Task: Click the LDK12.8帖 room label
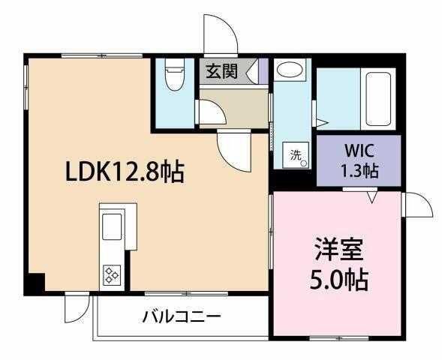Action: (x=125, y=172)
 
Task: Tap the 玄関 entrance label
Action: (x=222, y=71)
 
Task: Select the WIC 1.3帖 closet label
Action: (x=359, y=160)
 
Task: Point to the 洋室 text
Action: (x=338, y=249)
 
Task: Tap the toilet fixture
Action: (x=175, y=74)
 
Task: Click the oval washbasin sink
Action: (x=290, y=70)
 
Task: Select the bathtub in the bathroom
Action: (x=378, y=99)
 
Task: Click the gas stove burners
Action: (x=112, y=274)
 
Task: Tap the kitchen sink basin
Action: (x=112, y=226)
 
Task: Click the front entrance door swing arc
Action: (x=221, y=34)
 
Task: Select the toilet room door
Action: (x=212, y=112)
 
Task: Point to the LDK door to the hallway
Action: (x=234, y=151)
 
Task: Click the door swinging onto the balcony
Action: (x=77, y=308)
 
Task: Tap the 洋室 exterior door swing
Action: (x=418, y=205)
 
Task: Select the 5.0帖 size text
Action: (x=338, y=280)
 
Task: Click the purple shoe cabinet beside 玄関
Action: (x=263, y=71)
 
